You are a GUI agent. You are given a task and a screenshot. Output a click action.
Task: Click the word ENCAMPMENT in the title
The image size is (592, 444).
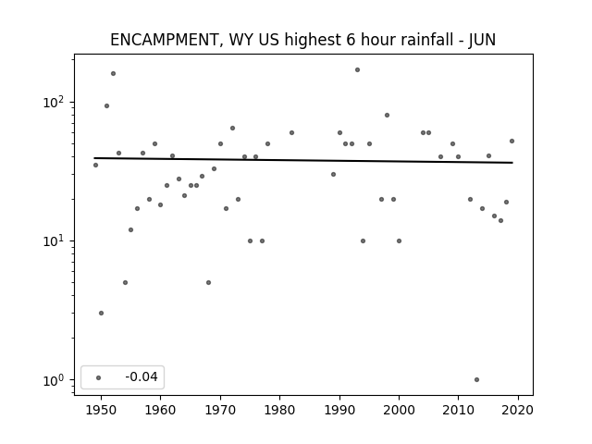[165, 40]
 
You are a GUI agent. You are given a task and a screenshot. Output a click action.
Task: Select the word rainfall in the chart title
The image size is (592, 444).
[427, 40]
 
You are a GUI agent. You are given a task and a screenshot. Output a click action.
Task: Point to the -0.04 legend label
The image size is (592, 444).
[142, 376]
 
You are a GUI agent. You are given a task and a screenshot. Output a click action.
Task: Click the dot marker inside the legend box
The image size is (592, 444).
[99, 377]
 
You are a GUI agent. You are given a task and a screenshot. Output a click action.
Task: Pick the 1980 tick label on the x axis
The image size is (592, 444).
[279, 410]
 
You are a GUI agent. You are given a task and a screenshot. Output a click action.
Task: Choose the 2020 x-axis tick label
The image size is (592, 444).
[518, 410]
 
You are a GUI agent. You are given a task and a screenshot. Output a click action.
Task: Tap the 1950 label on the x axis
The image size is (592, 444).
[101, 410]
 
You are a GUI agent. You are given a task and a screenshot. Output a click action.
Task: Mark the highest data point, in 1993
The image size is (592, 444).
[358, 70]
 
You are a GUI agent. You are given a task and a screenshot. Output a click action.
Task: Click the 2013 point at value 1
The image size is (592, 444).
[477, 380]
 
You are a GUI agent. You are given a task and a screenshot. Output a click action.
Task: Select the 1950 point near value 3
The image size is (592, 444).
[101, 313]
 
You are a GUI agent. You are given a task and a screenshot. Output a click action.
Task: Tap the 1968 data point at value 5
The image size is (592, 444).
[208, 282]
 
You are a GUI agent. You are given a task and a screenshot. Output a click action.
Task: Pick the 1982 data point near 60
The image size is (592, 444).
[292, 133]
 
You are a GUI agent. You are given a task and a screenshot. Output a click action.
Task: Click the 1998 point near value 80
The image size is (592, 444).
[387, 115]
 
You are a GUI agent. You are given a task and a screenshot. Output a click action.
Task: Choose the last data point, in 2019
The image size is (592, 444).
[512, 142]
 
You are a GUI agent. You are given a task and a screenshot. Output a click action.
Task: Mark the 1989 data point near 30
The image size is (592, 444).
[333, 175]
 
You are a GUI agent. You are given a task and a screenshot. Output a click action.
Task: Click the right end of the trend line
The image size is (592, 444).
[512, 163]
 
